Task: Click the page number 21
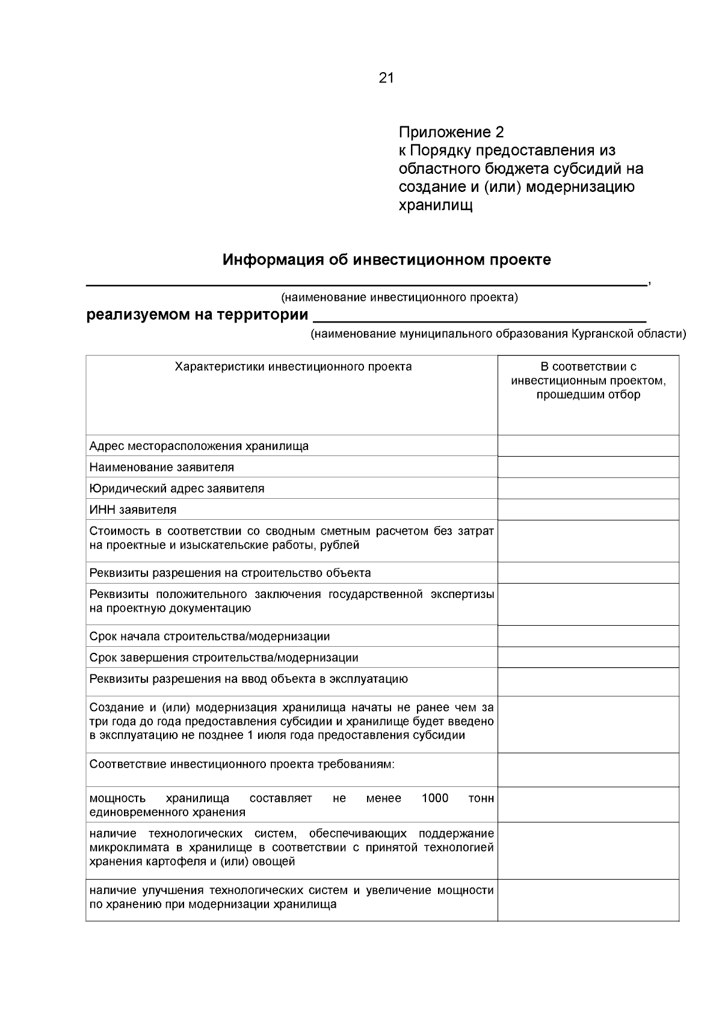pyautogui.click(x=386, y=78)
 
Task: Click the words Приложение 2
pyautogui.click(x=451, y=132)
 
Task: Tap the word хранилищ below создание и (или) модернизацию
pyautogui.click(x=436, y=205)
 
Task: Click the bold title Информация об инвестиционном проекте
pyautogui.click(x=386, y=260)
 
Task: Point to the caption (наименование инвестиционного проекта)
pyautogui.click(x=400, y=297)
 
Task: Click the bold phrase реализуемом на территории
pyautogui.click(x=197, y=315)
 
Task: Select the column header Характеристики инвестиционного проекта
pyautogui.click(x=293, y=366)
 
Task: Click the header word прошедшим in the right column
pyautogui.click(x=563, y=395)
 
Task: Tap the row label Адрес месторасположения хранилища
pyautogui.click(x=199, y=446)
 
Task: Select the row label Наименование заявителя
pyautogui.click(x=162, y=467)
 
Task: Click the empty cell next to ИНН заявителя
pyautogui.click(x=588, y=510)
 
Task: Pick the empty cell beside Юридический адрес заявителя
pyautogui.click(x=588, y=489)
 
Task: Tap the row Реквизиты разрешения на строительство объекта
pyautogui.click(x=230, y=573)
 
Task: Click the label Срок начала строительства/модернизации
pyautogui.click(x=209, y=636)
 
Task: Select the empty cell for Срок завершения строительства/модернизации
pyautogui.click(x=588, y=658)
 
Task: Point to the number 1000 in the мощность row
pyautogui.click(x=435, y=798)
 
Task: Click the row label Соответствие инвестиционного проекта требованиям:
pyautogui.click(x=242, y=764)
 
